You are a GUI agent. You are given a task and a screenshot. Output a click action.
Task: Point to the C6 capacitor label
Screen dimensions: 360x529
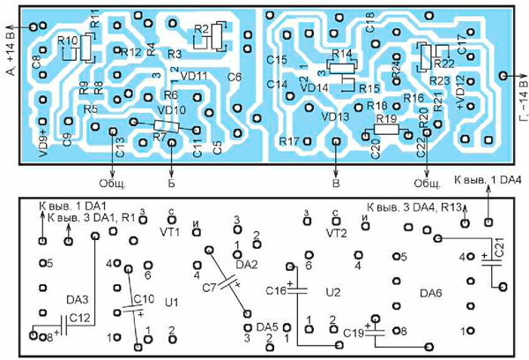(235, 77)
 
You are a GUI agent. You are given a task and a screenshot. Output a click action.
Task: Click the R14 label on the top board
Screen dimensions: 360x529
(341, 54)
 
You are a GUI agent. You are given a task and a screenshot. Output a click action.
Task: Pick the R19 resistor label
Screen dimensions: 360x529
(384, 117)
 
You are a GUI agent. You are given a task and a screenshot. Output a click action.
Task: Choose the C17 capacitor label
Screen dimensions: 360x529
(461, 41)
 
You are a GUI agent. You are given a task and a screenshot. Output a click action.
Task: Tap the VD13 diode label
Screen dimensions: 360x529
(336, 115)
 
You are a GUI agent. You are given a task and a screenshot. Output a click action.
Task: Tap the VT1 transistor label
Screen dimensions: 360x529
(170, 233)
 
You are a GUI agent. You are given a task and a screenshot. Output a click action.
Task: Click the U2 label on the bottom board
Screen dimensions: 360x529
(332, 291)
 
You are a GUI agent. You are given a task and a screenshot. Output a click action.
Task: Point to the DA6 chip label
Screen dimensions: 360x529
(432, 292)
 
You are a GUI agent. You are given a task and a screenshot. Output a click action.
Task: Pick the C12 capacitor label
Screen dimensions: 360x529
(79, 318)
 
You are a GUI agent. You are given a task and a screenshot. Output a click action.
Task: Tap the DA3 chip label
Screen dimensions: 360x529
(67, 300)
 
